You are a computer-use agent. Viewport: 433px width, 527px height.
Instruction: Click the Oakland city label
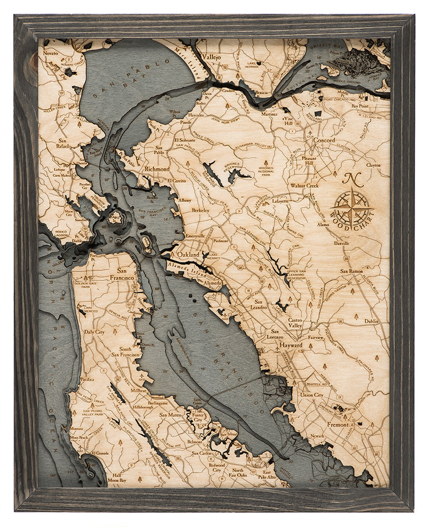[x=188, y=255]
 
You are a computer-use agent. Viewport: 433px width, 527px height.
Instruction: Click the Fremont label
[x=338, y=424]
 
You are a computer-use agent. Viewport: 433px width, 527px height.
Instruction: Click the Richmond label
[x=157, y=169]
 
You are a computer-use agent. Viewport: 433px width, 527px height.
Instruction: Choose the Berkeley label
[x=200, y=210]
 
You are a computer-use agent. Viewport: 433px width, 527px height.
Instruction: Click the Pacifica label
[x=87, y=379]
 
